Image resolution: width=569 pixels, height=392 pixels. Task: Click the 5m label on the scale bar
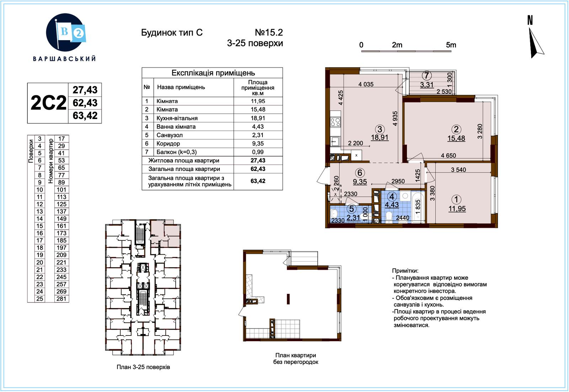click(x=451, y=45)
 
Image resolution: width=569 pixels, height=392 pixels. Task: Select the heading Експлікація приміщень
click(x=213, y=73)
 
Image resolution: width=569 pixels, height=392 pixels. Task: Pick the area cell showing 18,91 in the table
click(x=258, y=118)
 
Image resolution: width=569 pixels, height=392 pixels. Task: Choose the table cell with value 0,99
click(x=258, y=152)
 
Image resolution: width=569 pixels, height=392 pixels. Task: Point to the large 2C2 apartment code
click(x=48, y=103)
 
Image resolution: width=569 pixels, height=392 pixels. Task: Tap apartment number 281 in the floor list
click(x=62, y=299)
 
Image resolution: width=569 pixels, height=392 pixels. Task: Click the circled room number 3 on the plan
click(x=379, y=129)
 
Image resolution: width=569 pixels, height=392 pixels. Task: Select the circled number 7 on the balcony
click(x=426, y=75)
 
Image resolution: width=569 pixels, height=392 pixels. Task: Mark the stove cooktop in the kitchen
click(x=336, y=122)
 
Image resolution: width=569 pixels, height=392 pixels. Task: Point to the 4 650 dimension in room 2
click(x=448, y=155)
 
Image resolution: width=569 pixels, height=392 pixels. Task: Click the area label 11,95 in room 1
click(x=457, y=209)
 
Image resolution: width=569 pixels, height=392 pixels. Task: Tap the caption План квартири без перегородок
click(x=296, y=359)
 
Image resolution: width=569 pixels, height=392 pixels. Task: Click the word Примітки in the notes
click(x=405, y=271)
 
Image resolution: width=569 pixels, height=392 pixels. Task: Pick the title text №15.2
click(x=269, y=32)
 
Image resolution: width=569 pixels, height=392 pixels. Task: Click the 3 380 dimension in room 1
click(x=432, y=193)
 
